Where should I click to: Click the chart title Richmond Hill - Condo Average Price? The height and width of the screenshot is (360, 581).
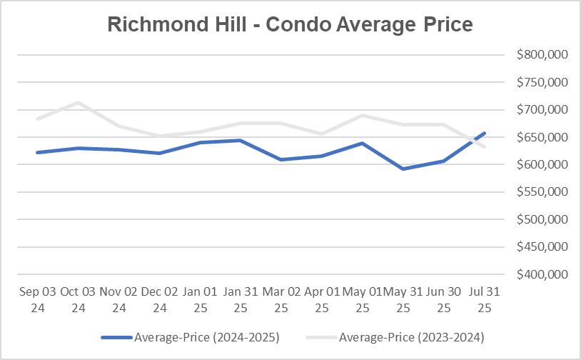(x=290, y=24)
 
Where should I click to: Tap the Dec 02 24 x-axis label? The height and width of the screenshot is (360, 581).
(x=159, y=300)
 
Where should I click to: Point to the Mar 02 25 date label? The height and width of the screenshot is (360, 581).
(x=281, y=300)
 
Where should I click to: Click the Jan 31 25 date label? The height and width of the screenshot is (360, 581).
(x=241, y=300)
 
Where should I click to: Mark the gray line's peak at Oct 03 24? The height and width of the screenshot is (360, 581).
(x=77, y=102)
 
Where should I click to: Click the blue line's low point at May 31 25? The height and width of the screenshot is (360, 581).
(x=403, y=169)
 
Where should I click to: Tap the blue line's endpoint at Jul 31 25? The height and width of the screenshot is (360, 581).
(x=485, y=133)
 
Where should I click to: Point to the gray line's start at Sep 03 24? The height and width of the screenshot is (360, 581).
(x=36, y=119)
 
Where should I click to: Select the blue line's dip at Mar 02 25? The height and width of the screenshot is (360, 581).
(x=281, y=159)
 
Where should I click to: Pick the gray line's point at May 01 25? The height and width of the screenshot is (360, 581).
(x=363, y=115)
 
